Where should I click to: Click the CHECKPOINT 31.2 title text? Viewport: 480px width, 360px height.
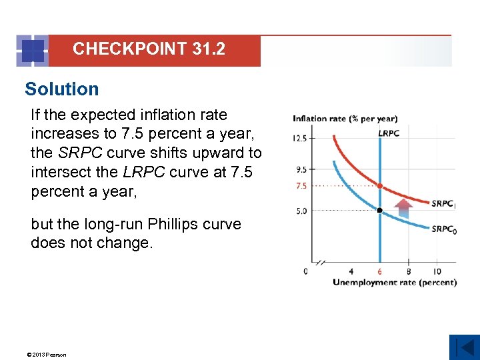tap(149, 49)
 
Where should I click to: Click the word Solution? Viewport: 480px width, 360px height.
tap(61, 89)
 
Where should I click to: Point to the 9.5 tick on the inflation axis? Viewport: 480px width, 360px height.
tap(301, 169)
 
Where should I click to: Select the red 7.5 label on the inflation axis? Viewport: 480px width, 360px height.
tap(301, 186)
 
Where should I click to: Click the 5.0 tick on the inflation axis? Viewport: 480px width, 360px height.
tap(301, 211)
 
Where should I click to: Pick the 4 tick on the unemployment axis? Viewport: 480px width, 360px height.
tap(351, 271)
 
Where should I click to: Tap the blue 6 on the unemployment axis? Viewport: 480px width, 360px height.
tap(380, 271)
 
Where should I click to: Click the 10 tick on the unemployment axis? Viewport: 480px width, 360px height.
tap(437, 271)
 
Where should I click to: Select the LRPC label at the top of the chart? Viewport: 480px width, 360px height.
tap(389, 133)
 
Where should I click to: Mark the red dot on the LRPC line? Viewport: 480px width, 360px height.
tap(380, 186)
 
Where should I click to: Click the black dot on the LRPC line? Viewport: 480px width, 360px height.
tap(380, 211)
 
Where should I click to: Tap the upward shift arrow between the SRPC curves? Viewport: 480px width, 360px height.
tap(403, 206)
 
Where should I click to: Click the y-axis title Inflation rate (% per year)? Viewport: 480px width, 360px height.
tap(345, 119)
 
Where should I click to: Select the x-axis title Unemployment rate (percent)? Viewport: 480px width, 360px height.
tap(395, 282)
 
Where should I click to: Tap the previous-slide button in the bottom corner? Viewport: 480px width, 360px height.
tap(464, 347)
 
